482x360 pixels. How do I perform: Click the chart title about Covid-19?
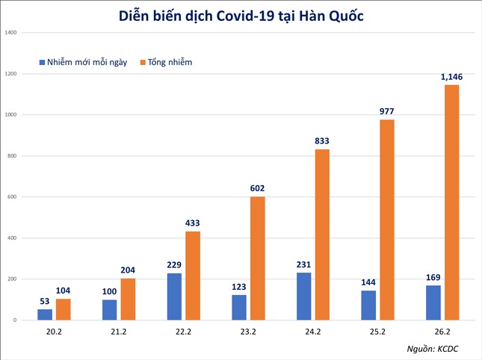coord(240,16)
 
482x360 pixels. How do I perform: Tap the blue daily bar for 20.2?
coord(46,314)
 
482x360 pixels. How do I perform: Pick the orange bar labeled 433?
coord(192,276)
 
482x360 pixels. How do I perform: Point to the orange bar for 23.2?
coord(256,258)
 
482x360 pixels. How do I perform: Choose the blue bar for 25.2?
coord(368,305)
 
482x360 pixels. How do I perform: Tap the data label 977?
coord(386,111)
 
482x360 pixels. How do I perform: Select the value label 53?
coord(46,300)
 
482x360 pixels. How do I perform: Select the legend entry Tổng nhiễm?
coord(165,62)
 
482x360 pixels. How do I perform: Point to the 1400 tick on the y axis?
coord(10,33)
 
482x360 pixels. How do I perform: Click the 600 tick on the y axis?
coord(12,197)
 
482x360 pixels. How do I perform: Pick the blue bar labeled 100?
coord(110,310)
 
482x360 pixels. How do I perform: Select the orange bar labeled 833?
coord(321,235)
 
